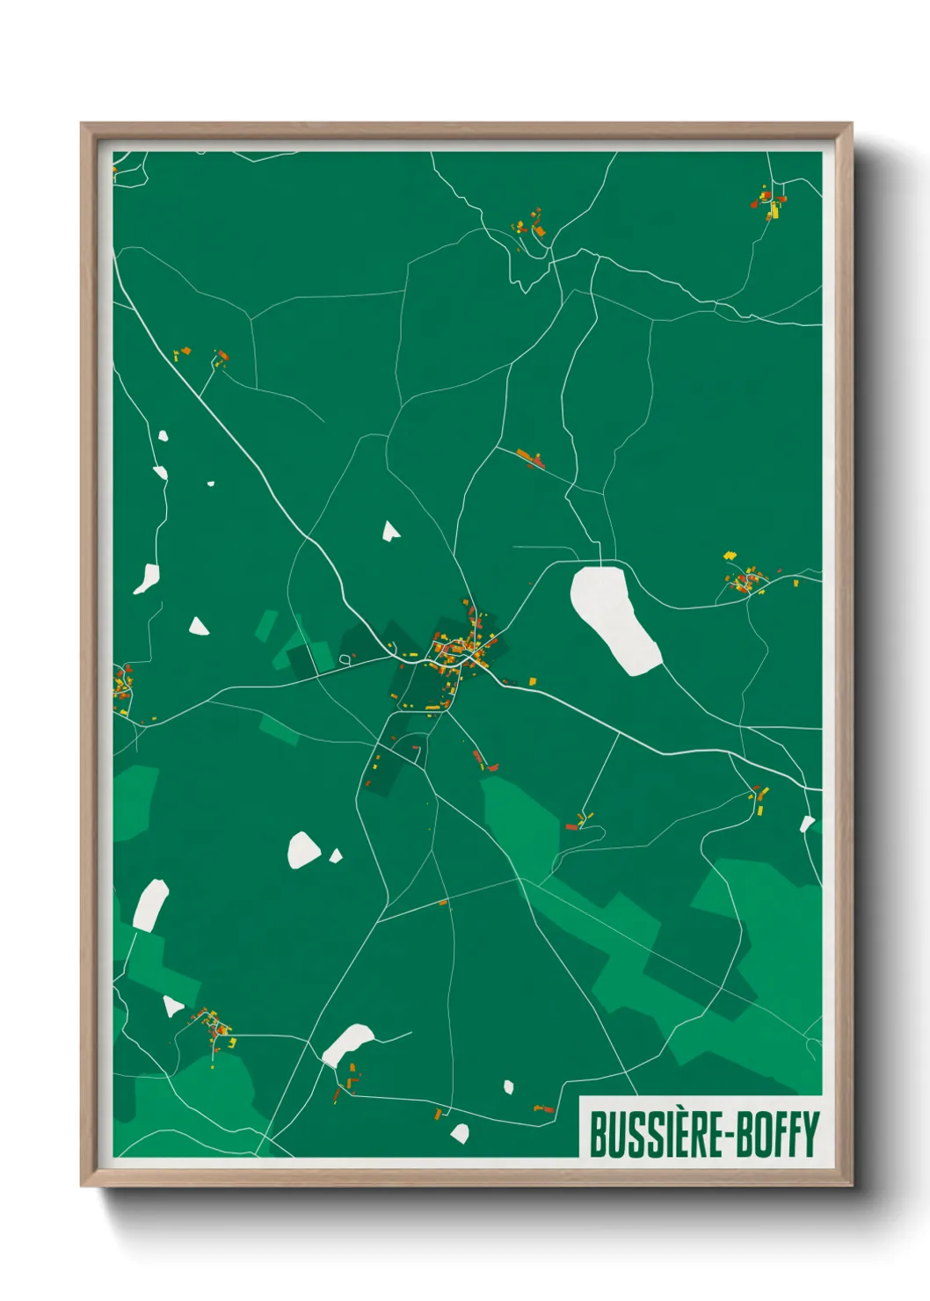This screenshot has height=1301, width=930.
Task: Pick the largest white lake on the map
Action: pos(614,619)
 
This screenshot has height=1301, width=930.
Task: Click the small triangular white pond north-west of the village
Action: pos(390,530)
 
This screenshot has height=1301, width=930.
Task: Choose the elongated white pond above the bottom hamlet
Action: pos(347,1043)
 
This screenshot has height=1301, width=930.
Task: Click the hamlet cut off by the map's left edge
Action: pos(121,690)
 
